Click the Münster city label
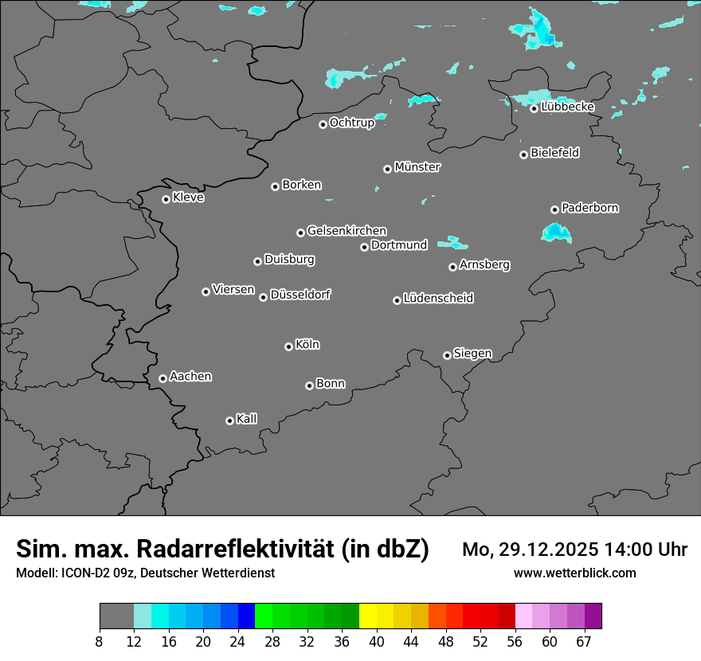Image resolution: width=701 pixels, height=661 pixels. coord(417,167)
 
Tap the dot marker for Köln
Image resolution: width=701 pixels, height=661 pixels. coord(288,346)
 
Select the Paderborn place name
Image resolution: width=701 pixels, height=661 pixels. coord(590,208)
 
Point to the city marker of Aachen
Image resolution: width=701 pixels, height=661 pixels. coord(163,378)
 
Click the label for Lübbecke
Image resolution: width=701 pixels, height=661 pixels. coord(568,107)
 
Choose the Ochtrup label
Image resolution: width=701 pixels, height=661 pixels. coord(352,123)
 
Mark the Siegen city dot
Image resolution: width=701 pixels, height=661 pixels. coord(447,355)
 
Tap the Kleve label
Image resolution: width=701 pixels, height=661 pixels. coord(189,198)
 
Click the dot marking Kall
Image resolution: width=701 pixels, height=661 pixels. coord(229,420)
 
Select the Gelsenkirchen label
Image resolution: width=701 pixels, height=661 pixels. coord(347,231)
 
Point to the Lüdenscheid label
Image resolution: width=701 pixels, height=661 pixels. coord(439,299)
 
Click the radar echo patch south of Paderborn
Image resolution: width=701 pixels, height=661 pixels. coord(556,233)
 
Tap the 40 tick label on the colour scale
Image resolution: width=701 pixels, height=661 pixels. coord(377,642)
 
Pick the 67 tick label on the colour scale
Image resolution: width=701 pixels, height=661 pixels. coord(584,642)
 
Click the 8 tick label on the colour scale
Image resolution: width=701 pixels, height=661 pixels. coord(100,642)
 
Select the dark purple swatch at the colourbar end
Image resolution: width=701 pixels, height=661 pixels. coord(593,616)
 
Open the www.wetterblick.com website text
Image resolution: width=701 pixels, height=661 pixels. coord(574,573)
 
